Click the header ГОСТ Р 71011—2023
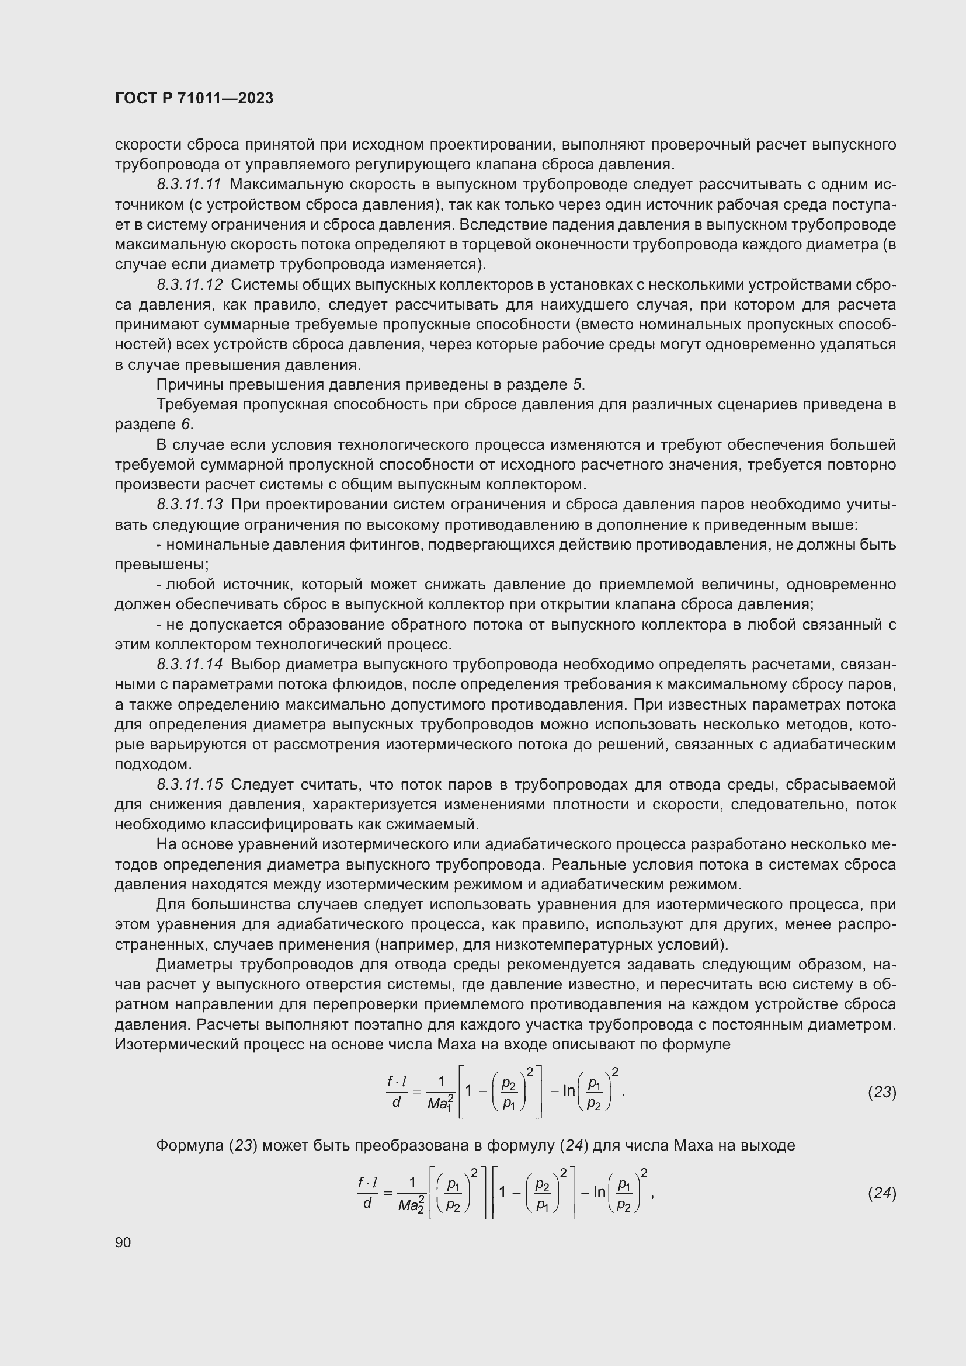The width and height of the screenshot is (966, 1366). (194, 98)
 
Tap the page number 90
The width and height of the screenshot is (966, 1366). (123, 1242)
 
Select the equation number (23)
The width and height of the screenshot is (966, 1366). (881, 1092)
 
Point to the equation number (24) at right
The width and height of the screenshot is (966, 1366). (881, 1193)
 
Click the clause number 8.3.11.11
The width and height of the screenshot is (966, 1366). (190, 185)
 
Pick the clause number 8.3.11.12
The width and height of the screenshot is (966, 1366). (190, 285)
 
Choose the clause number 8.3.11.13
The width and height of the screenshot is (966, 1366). (190, 505)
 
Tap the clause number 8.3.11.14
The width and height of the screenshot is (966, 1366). (190, 664)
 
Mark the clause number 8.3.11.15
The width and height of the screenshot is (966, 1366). (190, 785)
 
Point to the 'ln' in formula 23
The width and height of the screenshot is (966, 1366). (568, 1090)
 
